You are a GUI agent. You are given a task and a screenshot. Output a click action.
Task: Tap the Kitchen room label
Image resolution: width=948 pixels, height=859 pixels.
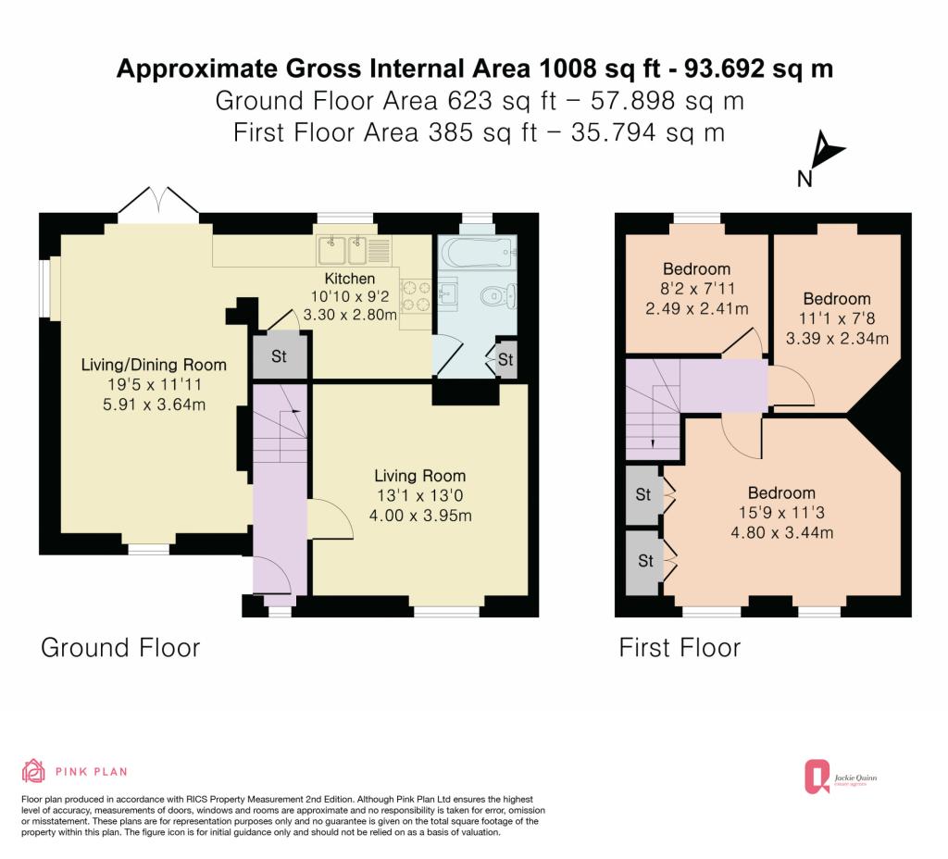[x=349, y=279]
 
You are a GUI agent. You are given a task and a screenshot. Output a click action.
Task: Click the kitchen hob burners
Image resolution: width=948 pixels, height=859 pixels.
[x=415, y=295]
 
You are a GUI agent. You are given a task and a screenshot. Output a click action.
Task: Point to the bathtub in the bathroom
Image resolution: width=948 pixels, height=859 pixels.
[x=477, y=254]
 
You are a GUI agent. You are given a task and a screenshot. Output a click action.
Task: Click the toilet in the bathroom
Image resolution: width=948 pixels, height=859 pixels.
[x=498, y=295]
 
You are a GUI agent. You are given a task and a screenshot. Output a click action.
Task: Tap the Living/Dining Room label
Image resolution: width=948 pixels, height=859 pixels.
[x=154, y=365]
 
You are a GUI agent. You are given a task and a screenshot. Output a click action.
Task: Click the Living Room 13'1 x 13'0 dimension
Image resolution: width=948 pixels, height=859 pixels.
[x=419, y=496]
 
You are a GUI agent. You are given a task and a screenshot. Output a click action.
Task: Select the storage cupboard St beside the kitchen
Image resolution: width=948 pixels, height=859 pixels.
[x=280, y=356]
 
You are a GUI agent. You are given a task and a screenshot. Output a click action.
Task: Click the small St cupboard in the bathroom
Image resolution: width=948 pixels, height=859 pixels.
[x=506, y=360]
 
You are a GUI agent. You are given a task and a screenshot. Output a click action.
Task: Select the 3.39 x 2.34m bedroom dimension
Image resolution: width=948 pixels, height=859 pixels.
[x=837, y=339]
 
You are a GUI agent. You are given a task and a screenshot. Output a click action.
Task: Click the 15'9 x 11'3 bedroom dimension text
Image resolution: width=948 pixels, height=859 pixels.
[x=781, y=513]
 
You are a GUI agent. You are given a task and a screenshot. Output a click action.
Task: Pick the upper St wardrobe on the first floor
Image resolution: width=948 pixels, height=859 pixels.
[x=643, y=494]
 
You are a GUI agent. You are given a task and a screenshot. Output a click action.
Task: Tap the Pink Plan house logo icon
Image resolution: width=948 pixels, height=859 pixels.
[x=33, y=771]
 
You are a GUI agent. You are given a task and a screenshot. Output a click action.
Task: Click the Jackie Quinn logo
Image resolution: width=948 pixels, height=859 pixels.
[x=841, y=777]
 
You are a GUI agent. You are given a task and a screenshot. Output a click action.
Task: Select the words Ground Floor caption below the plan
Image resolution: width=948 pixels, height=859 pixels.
[x=120, y=648]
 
